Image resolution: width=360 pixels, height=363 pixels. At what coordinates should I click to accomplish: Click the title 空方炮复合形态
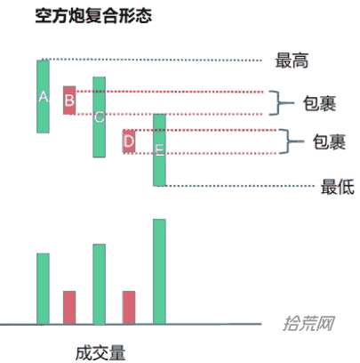pyautogui.click(x=93, y=15)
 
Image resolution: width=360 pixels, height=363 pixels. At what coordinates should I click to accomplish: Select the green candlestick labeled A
pyautogui.click(x=43, y=96)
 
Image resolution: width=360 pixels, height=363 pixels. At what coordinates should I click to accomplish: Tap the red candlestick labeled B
pyautogui.click(x=69, y=101)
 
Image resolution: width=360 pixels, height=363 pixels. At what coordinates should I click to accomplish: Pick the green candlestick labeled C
pyautogui.click(x=99, y=117)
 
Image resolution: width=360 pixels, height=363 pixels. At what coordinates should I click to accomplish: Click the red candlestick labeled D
pyautogui.click(x=129, y=141)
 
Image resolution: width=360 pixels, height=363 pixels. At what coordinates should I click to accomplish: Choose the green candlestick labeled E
pyautogui.click(x=159, y=150)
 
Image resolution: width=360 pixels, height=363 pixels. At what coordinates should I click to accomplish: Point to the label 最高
pyautogui.click(x=292, y=60)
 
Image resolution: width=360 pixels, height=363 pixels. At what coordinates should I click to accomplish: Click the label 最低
pyautogui.click(x=338, y=187)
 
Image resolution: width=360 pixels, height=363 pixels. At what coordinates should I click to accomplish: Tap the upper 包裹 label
pyautogui.click(x=319, y=103)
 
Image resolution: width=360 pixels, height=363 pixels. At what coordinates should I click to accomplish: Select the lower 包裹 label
pyautogui.click(x=329, y=141)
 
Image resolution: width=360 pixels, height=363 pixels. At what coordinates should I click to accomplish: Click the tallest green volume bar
pyautogui.click(x=159, y=271)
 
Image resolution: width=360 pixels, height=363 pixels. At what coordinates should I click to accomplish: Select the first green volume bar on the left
pyautogui.click(x=43, y=288)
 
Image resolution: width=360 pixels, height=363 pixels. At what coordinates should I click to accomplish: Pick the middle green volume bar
pyautogui.click(x=99, y=284)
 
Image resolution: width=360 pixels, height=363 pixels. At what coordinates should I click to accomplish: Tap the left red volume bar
pyautogui.click(x=69, y=307)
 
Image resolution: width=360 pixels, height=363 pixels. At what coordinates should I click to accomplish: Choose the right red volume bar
pyautogui.click(x=129, y=307)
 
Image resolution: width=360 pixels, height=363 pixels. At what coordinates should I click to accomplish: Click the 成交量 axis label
pyautogui.click(x=100, y=353)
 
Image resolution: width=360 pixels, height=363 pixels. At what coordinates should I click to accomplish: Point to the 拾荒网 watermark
pyautogui.click(x=309, y=323)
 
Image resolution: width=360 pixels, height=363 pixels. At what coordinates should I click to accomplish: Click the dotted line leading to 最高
pyautogui.click(x=156, y=60)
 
